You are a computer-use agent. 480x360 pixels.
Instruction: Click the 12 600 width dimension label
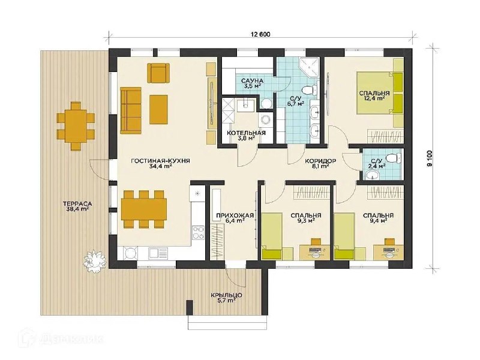pyautogui.click(x=260, y=34)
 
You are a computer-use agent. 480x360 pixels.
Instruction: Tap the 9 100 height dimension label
pyautogui.click(x=431, y=158)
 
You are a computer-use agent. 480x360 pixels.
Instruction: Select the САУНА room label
pyautogui.click(x=252, y=81)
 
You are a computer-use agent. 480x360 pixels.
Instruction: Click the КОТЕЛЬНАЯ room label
pyautogui.click(x=246, y=133)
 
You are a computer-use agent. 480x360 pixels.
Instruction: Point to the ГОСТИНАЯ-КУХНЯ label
pyautogui.click(x=160, y=161)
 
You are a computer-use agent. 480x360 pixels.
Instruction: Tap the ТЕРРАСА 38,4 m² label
pyautogui.click(x=77, y=206)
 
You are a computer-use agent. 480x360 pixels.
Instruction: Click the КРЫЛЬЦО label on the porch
pyautogui.click(x=227, y=295)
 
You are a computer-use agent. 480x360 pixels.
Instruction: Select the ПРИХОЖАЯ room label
pyautogui.click(x=235, y=215)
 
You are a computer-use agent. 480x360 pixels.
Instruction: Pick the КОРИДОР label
pyautogui.click(x=320, y=161)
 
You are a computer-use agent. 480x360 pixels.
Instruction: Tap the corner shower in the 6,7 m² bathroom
pyautogui.click(x=309, y=67)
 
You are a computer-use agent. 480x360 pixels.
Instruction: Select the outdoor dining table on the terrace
pyautogui.click(x=74, y=126)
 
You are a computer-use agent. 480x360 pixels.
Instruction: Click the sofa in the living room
pyautogui.click(x=131, y=110)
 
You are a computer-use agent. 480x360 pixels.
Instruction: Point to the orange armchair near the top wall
pyautogui.click(x=158, y=73)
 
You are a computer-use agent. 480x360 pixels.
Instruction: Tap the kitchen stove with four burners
pyautogui.click(x=198, y=232)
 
